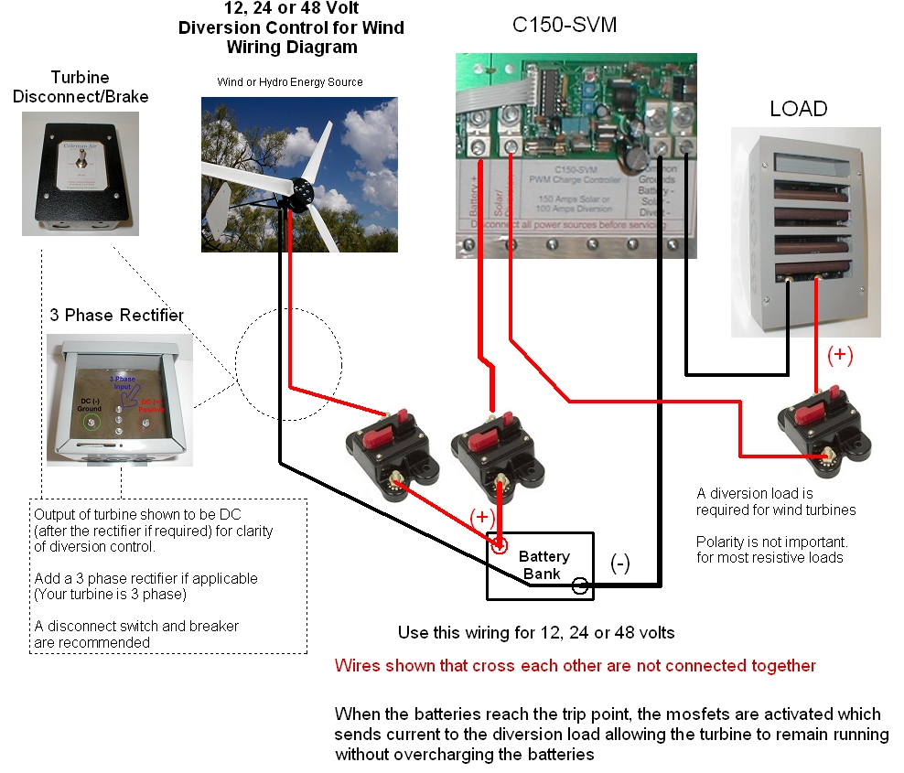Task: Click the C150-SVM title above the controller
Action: tap(564, 26)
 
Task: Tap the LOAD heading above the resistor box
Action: tap(798, 109)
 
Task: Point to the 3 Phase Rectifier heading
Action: tap(116, 316)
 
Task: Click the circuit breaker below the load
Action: tap(817, 431)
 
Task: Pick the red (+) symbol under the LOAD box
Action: tap(840, 356)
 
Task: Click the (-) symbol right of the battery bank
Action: tap(619, 564)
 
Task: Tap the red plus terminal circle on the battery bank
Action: tap(500, 546)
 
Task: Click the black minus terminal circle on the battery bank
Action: tap(580, 586)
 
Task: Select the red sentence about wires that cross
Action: tap(576, 666)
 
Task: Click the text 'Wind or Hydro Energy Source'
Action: tap(289, 82)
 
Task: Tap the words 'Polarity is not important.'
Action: tap(771, 542)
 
